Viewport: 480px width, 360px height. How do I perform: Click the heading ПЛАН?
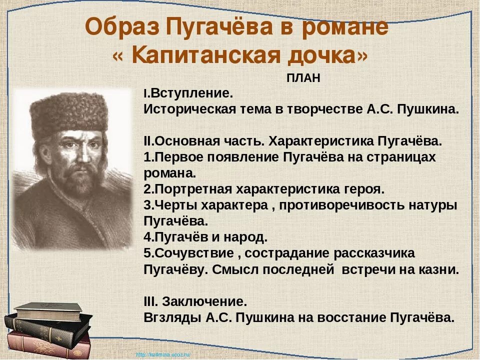click(303, 78)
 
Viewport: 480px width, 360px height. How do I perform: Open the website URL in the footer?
click(163, 354)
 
